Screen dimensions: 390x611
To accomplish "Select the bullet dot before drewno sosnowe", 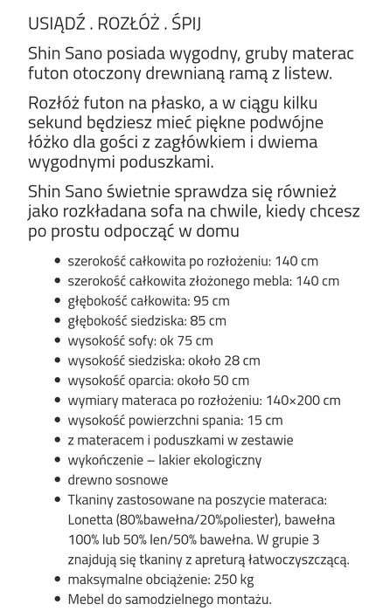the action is tap(57, 480).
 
